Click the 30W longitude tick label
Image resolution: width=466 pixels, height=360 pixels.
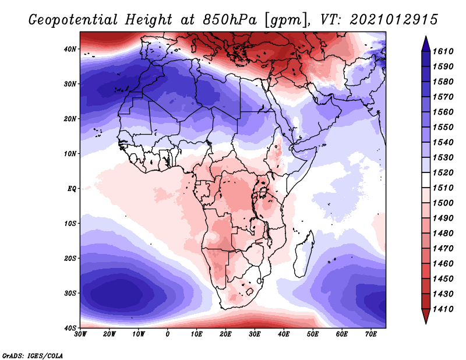80,334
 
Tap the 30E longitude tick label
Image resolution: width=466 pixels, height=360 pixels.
255,334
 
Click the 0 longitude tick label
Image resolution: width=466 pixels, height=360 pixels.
168,334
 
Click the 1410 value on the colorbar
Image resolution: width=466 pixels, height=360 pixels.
447,309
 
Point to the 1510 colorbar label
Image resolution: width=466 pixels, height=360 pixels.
447,188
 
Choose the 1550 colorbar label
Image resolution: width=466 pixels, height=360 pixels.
447,126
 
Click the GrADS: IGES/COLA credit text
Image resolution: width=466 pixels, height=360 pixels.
33,355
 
